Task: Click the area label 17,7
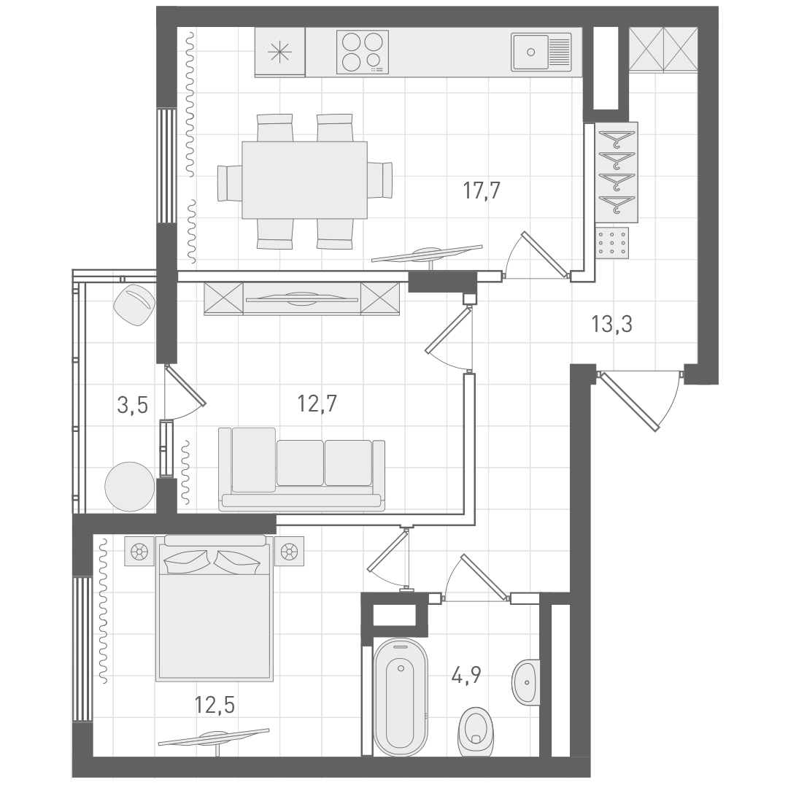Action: (482, 191)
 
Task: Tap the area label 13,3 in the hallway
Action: (611, 322)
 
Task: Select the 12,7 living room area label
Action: (317, 403)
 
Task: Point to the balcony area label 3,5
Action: (132, 404)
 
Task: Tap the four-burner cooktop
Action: (362, 52)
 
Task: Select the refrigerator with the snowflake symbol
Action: (279, 52)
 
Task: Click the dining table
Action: (304, 179)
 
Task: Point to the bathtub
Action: (400, 697)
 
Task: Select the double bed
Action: (215, 613)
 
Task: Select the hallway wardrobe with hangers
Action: (617, 172)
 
